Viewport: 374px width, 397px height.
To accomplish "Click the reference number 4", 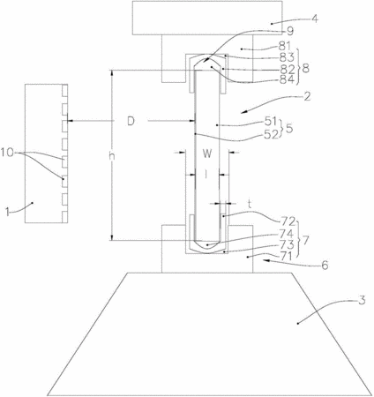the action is coord(315,19).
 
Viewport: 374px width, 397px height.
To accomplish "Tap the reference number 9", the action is coord(289,31).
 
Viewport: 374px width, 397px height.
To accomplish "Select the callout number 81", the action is coord(285,46).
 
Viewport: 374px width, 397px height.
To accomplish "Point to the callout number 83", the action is coord(287,57).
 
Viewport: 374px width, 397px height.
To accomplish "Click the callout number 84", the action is coord(287,79).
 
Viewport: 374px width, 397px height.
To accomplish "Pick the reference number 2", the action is coord(307,97).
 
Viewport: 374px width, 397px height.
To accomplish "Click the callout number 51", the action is coord(271,121).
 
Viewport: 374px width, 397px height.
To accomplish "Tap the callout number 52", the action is coord(271,134).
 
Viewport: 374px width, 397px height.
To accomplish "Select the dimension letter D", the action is coord(131,121).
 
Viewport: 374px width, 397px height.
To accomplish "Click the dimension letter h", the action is coord(112,156).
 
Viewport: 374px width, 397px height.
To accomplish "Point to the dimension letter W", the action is coord(207,154).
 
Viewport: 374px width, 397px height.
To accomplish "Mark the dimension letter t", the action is coord(250,204).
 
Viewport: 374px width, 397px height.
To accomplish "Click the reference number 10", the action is coord(7,153).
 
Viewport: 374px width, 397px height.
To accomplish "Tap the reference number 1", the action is coord(8,212).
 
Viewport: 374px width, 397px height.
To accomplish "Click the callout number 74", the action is coord(287,234).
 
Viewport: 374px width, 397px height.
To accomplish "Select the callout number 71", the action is coord(286,256).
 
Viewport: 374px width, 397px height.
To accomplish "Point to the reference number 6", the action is coord(325,266).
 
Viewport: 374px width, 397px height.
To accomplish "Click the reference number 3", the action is coord(362,301).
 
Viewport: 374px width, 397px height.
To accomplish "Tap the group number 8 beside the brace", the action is coord(306,69).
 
